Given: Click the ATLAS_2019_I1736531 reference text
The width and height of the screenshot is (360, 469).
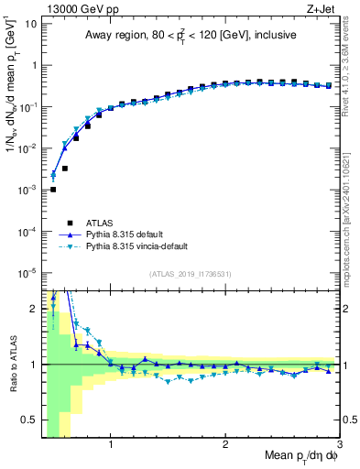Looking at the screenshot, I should pos(191,274).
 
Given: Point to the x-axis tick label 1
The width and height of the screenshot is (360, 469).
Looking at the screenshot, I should pos(111,446).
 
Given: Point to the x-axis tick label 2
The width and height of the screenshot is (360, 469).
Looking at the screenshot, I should pos(225,446).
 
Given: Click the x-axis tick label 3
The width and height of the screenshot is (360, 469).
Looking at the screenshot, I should pos(338,446).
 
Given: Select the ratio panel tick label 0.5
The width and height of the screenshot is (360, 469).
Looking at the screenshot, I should pos(29,420).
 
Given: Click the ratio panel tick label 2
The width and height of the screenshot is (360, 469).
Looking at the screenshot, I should pos(34,309).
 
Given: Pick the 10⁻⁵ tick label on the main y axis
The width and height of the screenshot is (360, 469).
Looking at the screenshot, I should pos(28,272).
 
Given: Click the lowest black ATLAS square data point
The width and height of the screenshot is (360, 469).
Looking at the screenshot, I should pos(53,190).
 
